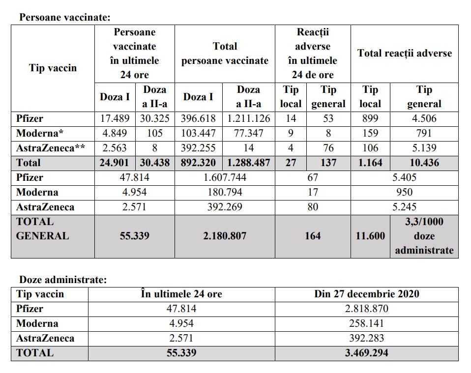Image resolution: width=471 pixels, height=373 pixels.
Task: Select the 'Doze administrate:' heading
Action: tap(62, 280)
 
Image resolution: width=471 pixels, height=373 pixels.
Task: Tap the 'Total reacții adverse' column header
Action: tap(404, 53)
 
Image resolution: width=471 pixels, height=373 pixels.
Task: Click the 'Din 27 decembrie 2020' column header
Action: tap(366, 294)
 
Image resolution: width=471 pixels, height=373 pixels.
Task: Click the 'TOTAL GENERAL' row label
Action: tap(42, 229)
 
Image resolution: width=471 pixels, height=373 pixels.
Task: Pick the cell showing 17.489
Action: tap(115, 118)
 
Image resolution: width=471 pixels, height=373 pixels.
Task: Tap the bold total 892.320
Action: tap(199, 163)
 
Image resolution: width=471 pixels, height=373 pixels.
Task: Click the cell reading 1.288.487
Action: tap(248, 163)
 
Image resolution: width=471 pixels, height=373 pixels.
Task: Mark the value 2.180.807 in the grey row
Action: tap(225, 236)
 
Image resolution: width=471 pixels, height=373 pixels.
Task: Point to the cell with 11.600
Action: tap(370, 236)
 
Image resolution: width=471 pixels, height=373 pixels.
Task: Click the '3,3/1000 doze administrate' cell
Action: tap(424, 236)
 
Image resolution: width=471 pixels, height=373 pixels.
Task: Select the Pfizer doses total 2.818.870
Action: tap(366, 309)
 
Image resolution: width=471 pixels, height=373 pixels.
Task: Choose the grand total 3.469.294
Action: tap(366, 353)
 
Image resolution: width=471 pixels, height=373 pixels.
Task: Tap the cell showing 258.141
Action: tap(366, 323)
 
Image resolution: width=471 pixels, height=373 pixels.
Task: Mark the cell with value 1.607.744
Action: tap(225, 177)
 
